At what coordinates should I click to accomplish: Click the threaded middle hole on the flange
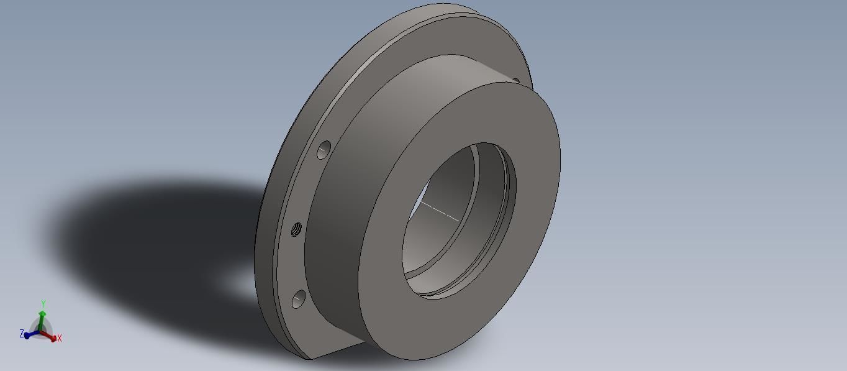click(x=297, y=229)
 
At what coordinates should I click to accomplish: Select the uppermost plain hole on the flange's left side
click(x=324, y=150)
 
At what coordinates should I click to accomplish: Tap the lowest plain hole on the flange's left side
click(x=298, y=299)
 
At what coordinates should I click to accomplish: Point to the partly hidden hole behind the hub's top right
click(x=515, y=80)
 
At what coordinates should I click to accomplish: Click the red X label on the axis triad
click(x=60, y=339)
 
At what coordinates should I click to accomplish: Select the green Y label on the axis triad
click(x=43, y=304)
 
